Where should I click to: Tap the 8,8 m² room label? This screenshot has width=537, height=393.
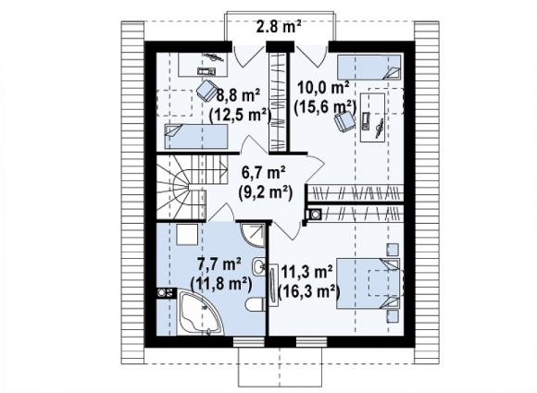coord(238,96)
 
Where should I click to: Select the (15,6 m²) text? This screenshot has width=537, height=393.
coord(325,108)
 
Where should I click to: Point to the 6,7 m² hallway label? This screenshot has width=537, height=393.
coord(264,173)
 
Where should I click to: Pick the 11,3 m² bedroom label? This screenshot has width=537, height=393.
coord(306,273)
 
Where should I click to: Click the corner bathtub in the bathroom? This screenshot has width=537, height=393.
coord(200,313)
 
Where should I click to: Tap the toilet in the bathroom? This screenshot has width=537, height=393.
coord(256,304)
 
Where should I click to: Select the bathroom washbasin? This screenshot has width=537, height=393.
coord(258,265)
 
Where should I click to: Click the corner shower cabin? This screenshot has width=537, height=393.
coord(254,235)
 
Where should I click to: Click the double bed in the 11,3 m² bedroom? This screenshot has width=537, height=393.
coord(368,284)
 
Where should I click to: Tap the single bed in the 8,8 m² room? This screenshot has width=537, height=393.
coord(196,136)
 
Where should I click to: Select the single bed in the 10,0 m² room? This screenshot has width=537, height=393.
coord(368,67)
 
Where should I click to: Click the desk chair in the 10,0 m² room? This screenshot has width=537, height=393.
coord(344,121)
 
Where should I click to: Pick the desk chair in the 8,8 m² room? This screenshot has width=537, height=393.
coord(206,90)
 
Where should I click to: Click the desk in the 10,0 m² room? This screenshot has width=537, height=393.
coord(372,117)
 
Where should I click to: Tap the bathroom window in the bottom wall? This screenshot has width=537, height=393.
coord(249,342)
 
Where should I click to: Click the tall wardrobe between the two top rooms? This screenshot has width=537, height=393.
coord(278,102)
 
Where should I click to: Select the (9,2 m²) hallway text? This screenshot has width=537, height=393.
coord(266,193)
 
